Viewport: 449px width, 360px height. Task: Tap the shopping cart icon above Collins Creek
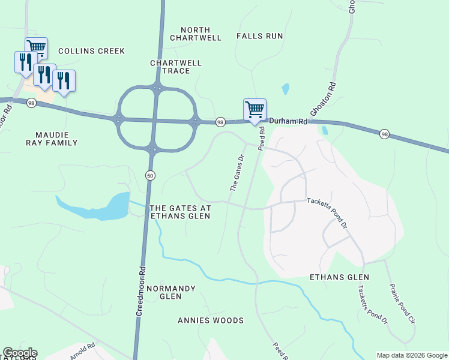point(36,47)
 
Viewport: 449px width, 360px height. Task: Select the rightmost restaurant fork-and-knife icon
point(64,80)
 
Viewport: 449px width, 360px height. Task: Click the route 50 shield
point(149,174)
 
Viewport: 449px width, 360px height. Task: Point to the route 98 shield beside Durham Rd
point(220,121)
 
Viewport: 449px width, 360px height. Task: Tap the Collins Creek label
point(92,51)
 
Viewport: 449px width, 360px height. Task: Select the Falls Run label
point(259,36)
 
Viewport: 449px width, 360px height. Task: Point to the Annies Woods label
point(211,320)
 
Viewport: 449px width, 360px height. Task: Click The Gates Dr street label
point(238,173)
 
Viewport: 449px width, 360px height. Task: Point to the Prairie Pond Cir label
point(402,304)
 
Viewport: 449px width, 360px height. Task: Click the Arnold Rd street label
point(83,350)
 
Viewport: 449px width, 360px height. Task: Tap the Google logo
point(20,353)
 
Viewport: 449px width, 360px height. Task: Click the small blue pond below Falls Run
point(286,89)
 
